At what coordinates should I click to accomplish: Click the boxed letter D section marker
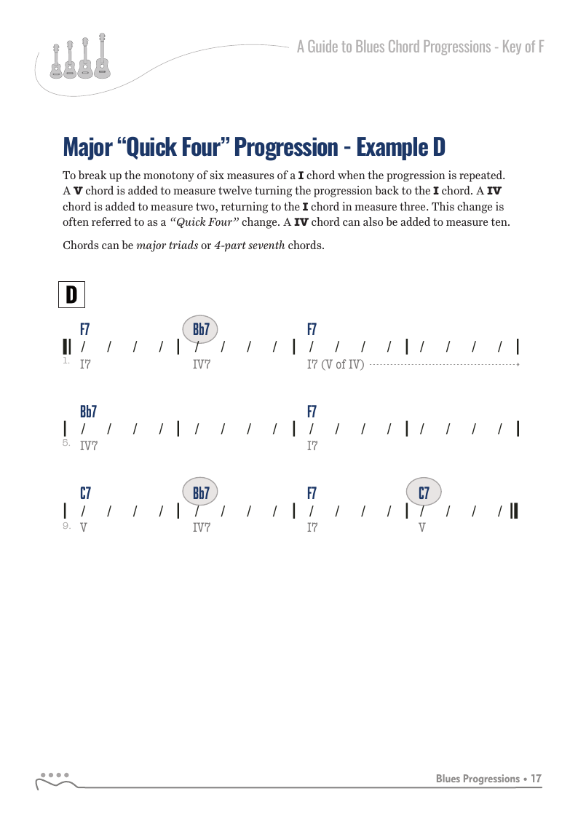point(71,295)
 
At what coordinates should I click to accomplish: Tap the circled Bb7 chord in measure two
point(200,329)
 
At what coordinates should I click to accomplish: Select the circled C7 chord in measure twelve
point(424,492)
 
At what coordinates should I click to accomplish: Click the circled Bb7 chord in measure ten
point(200,492)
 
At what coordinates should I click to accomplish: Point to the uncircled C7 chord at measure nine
point(85,493)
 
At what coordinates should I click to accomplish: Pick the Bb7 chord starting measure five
point(88,412)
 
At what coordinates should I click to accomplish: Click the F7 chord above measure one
point(84,329)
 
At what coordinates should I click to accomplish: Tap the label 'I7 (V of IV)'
point(335,364)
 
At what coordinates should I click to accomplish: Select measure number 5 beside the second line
point(66,442)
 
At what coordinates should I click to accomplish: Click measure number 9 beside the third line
point(66,525)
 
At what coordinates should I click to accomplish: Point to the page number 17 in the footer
point(537,779)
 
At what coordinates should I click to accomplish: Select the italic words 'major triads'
point(167,245)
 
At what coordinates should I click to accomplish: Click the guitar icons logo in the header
point(80,57)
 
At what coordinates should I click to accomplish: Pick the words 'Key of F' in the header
point(523,47)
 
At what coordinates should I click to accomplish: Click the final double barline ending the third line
point(514,510)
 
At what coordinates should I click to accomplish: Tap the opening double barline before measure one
point(67,347)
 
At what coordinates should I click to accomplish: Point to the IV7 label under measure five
point(89,446)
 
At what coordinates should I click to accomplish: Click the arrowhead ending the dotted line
point(518,364)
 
